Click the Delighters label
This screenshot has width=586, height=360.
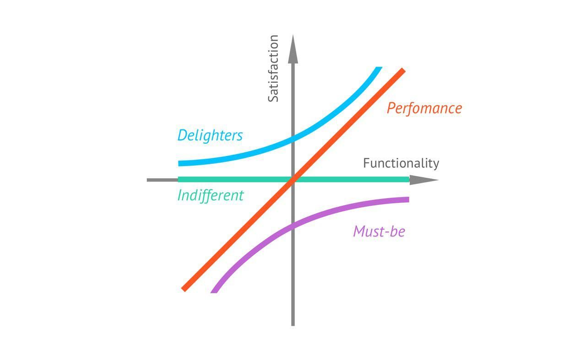click(x=210, y=135)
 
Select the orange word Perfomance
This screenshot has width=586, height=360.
click(x=424, y=108)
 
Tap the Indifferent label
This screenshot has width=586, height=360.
click(x=210, y=195)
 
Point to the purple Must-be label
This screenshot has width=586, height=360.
click(x=379, y=231)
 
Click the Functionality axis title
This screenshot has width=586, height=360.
click(x=401, y=163)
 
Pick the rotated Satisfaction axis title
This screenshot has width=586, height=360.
click(x=273, y=69)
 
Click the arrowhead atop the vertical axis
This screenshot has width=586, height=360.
click(x=293, y=48)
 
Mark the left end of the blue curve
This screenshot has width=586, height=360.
click(x=180, y=163)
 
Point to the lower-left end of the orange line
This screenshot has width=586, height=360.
click(x=184, y=289)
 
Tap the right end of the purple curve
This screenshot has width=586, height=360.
click(x=407, y=199)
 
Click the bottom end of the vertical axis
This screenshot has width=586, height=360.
click(x=293, y=324)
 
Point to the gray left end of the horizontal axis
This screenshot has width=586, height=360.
click(x=149, y=180)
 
